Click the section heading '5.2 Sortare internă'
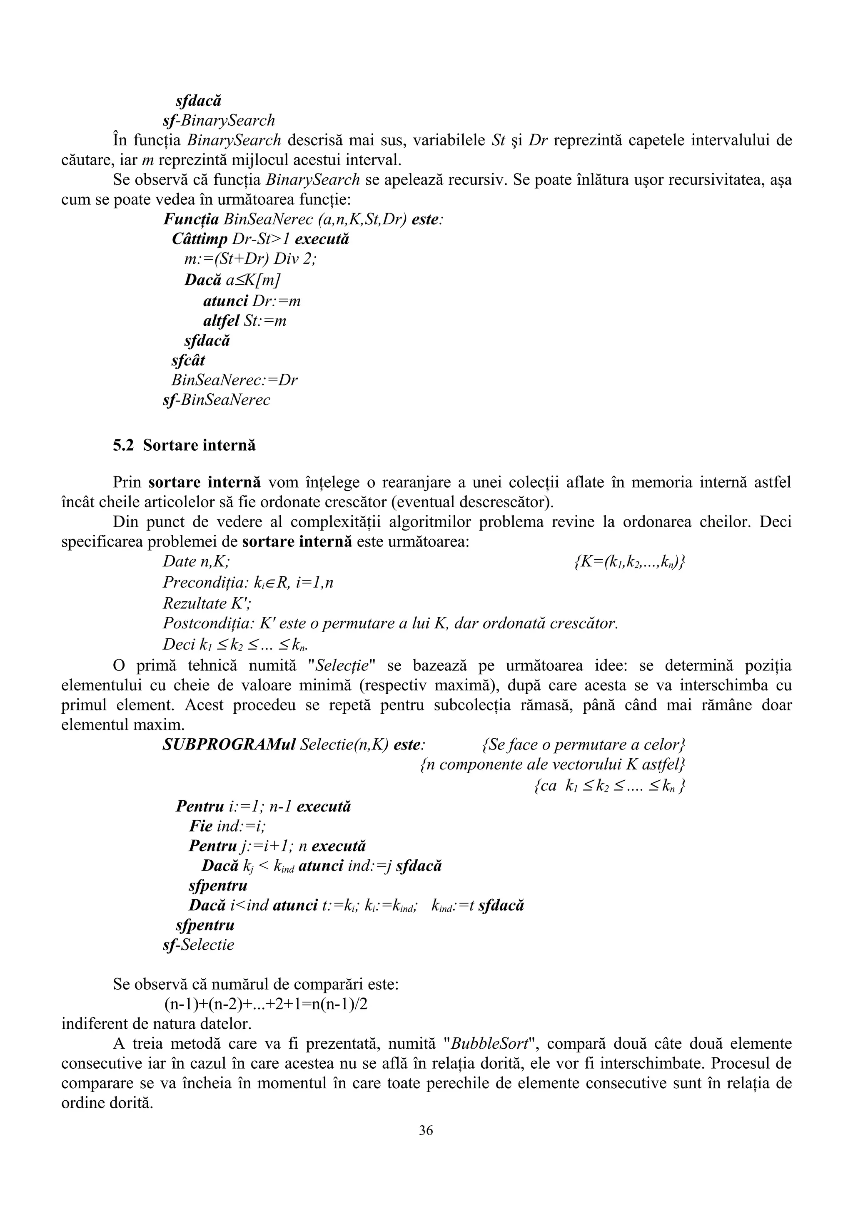click(184, 445)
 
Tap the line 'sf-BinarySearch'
click(219, 120)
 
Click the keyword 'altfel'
click(221, 320)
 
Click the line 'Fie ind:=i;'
click(227, 826)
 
